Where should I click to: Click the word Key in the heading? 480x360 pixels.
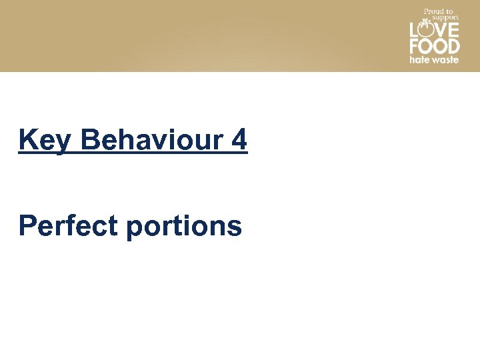point(43,141)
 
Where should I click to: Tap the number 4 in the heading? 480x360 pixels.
point(239,141)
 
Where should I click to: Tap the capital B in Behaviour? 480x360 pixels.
point(89,141)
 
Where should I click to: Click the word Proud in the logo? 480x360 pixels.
point(433,11)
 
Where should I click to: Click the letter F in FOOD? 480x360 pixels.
point(413,46)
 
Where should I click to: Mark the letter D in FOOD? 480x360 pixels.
point(453,46)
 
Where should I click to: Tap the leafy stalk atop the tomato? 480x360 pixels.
point(425,23)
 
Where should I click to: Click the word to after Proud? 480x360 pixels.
point(449,11)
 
